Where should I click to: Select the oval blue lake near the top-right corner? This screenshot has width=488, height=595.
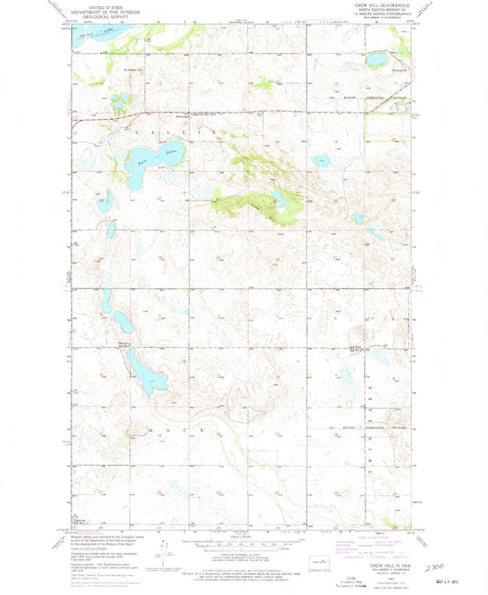point(376,60)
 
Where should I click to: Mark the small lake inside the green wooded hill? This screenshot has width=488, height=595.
point(277,197)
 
